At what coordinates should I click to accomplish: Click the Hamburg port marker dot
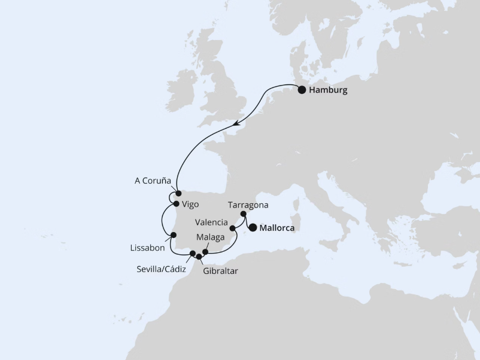[x=302, y=90]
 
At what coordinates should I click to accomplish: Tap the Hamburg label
[x=329, y=90]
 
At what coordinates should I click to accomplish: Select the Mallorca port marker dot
[x=253, y=227]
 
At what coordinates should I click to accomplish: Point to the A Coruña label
[x=153, y=181]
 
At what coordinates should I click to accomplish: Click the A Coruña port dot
[x=178, y=193]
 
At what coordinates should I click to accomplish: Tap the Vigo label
[x=190, y=204]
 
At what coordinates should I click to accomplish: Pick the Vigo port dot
[x=175, y=204]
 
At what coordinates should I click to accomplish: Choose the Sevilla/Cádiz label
[x=160, y=269]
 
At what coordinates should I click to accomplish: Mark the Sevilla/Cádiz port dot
[x=193, y=254]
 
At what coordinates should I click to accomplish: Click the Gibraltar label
[x=220, y=271]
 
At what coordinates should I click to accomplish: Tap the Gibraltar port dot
[x=199, y=257]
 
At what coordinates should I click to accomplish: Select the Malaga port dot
[x=205, y=252]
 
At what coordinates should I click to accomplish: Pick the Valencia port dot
[x=232, y=228]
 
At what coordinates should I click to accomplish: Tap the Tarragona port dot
[x=243, y=214]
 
